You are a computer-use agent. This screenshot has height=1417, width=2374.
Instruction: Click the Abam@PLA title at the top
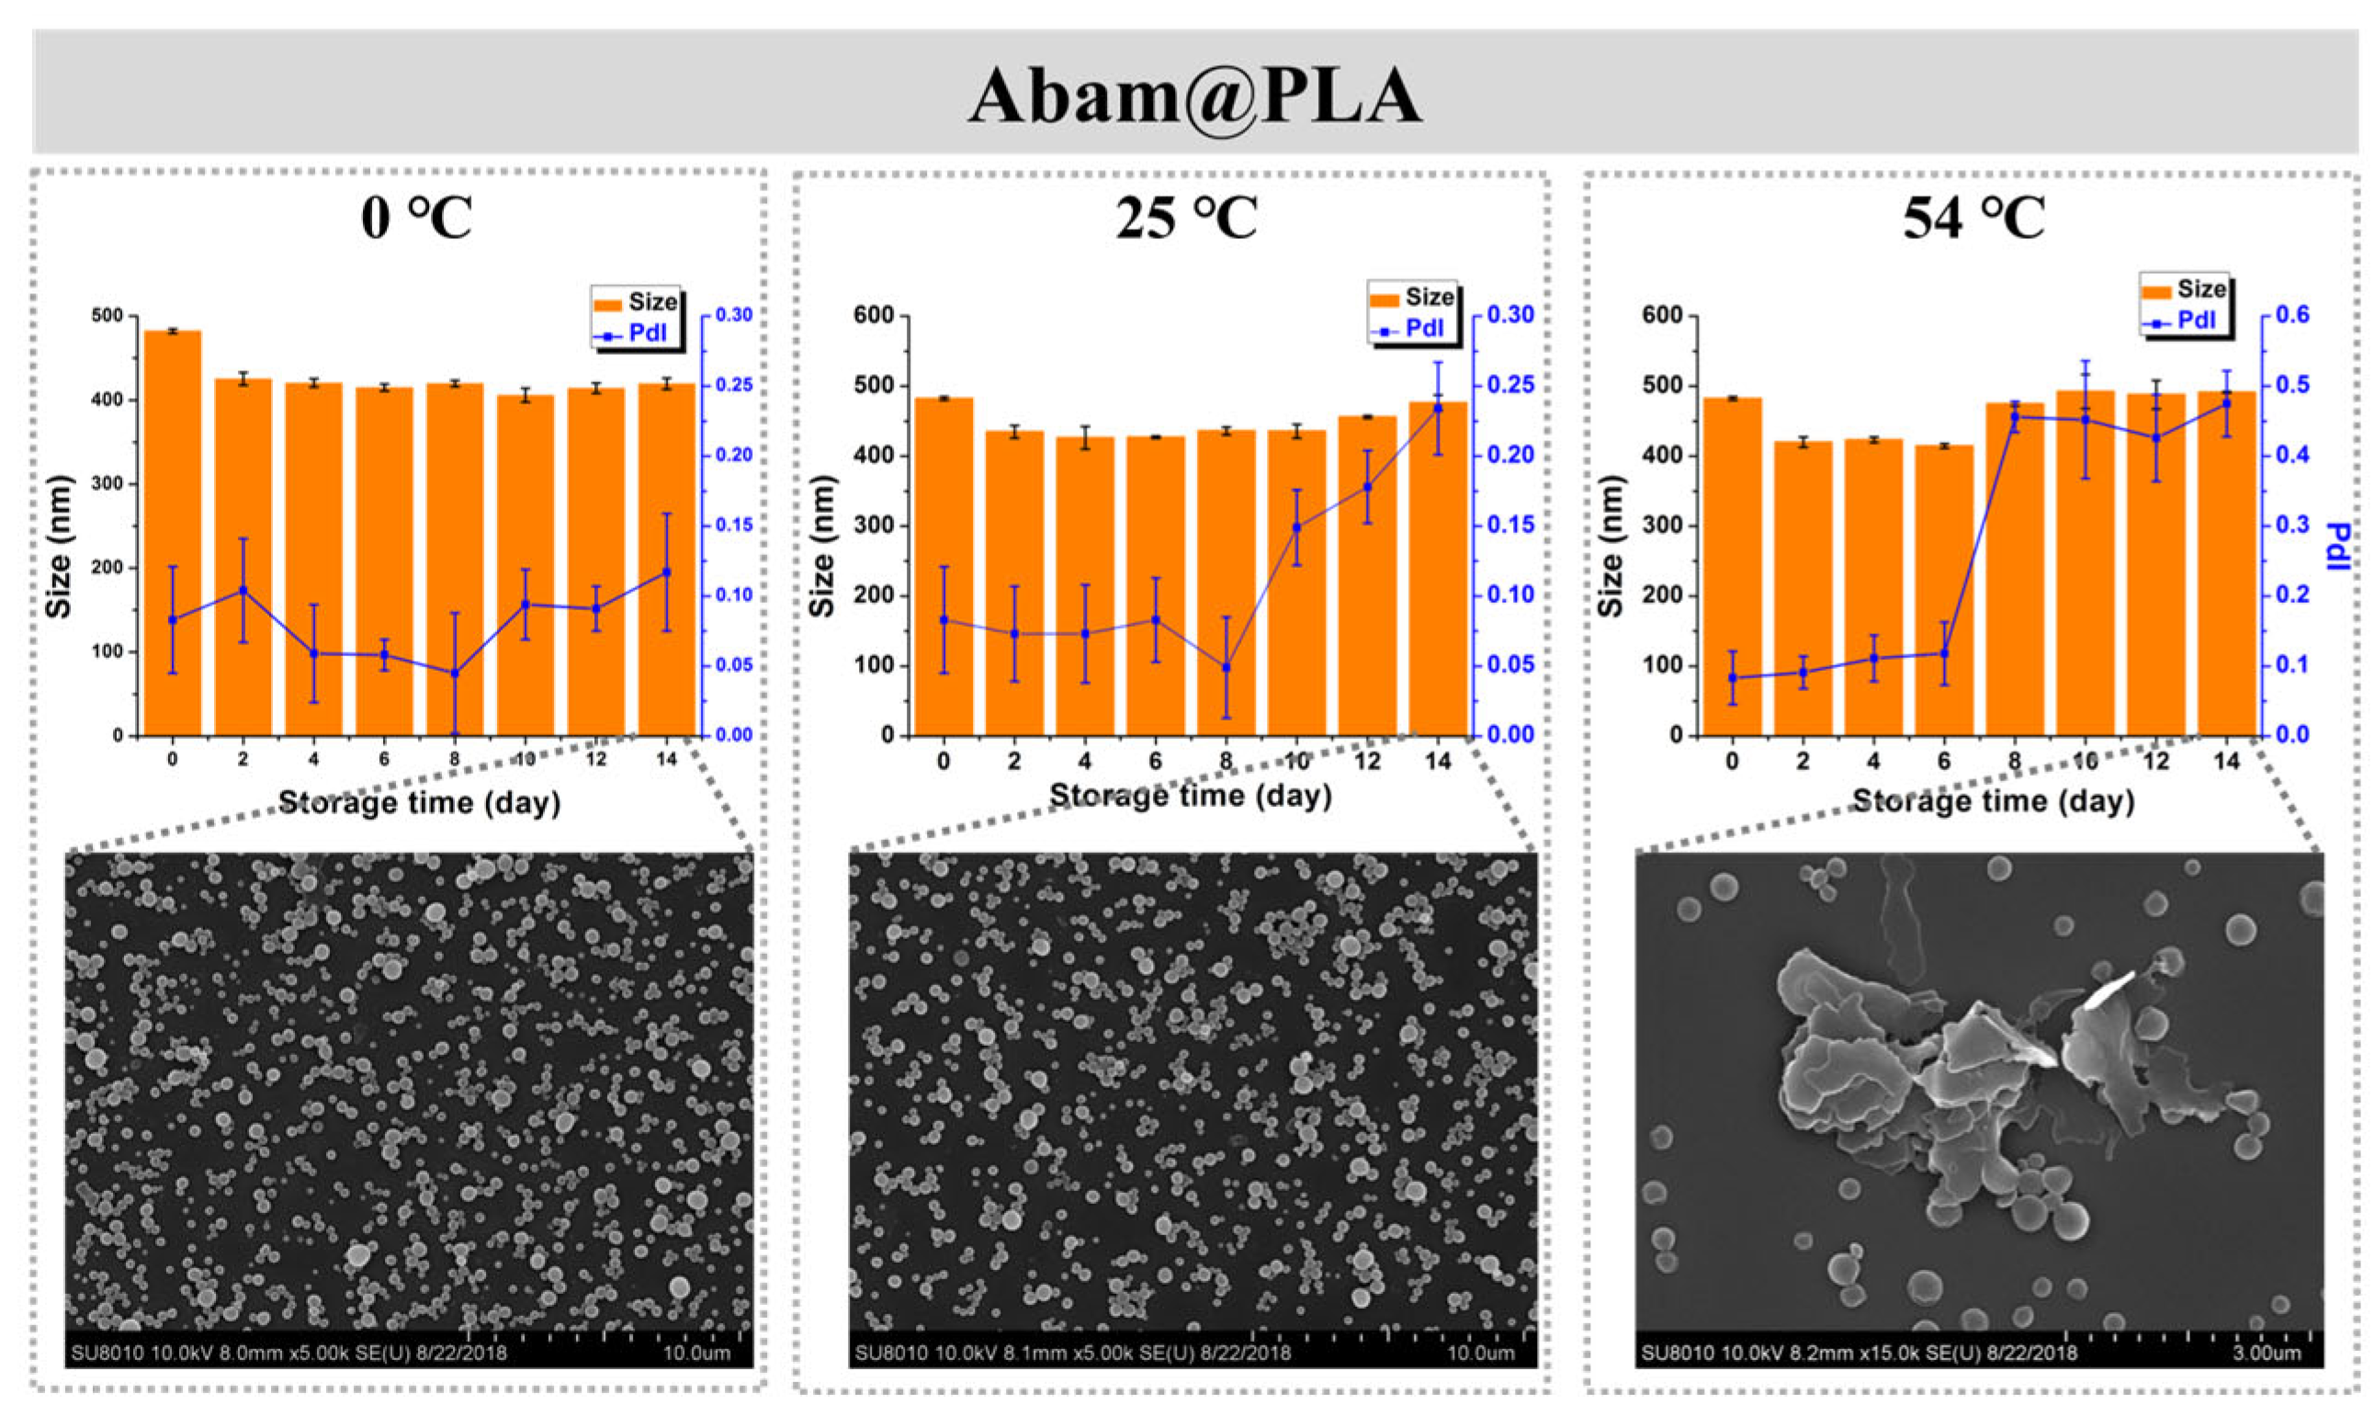[x=1195, y=96]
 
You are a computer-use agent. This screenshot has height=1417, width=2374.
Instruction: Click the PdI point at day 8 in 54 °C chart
[x=2015, y=416]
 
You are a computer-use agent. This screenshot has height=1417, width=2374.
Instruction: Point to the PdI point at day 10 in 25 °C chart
[x=1296, y=527]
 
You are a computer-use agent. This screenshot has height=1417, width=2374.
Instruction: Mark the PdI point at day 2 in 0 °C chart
[x=243, y=590]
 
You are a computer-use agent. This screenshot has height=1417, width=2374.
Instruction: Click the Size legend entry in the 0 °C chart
[x=636, y=302]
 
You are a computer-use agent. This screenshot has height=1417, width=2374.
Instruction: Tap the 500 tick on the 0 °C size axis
[x=108, y=316]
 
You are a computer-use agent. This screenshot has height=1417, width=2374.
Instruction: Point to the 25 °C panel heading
[x=1186, y=219]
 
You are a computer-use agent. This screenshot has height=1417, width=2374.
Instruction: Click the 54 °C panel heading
[x=1974, y=219]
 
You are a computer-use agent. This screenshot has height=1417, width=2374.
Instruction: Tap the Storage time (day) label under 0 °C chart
[x=419, y=803]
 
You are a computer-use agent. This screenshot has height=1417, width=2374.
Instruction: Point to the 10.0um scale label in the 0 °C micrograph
[x=696, y=1353]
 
